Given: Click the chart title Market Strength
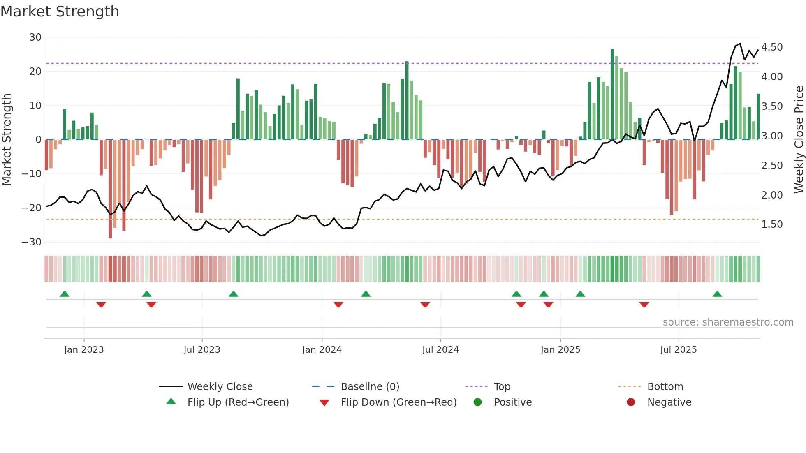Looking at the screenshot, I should [x=60, y=12].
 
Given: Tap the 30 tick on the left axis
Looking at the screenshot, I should [x=35, y=37].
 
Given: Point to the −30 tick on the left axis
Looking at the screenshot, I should [x=32, y=242].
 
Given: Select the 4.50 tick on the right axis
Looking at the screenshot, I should [x=772, y=47].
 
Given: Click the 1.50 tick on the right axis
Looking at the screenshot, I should [x=772, y=224].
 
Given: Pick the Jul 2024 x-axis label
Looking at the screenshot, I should [x=440, y=350].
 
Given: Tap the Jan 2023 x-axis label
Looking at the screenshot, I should [x=84, y=350].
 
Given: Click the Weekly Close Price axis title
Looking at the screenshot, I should [x=799, y=140].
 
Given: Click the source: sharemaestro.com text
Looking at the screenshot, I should [x=728, y=322].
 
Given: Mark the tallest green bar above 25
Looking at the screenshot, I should [x=612, y=95].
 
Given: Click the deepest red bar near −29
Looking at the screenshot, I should [x=110, y=189].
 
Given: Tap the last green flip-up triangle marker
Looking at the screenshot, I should [x=717, y=294].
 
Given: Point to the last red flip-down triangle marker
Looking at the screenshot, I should [x=644, y=305].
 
